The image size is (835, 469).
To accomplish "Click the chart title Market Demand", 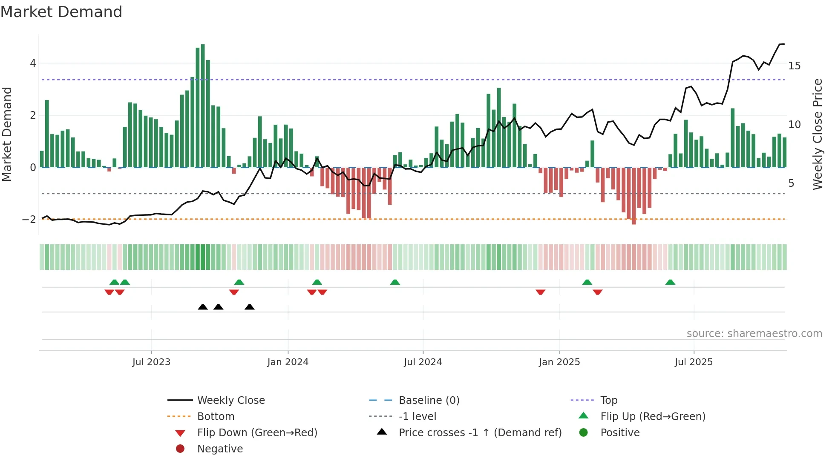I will (61, 12).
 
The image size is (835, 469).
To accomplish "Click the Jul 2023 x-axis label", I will (151, 362).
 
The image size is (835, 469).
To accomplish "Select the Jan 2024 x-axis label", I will (288, 362).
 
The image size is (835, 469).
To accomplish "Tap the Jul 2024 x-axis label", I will (423, 362).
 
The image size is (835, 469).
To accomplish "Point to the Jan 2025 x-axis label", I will (559, 362).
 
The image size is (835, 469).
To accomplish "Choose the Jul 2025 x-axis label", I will (694, 362).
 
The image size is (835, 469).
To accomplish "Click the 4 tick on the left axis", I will (33, 63).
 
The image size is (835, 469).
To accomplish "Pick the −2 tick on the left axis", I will (29, 220).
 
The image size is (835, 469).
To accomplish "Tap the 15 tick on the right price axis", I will (794, 66).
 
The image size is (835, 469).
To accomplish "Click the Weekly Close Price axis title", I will (817, 134).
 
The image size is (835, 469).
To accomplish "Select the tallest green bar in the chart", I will (203, 106).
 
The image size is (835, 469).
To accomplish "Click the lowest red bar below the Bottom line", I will (634, 196).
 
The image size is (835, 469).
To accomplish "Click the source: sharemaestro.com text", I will (754, 334).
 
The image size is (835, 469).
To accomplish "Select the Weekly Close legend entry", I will (231, 400).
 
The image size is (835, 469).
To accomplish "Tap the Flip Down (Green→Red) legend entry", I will (257, 433).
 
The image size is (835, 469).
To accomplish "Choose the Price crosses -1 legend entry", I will (480, 433).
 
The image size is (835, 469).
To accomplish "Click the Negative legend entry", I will (220, 449).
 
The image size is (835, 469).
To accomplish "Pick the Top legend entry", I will (609, 400).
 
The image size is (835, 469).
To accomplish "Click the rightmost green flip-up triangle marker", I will (670, 282).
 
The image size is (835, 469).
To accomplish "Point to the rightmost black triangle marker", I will (250, 307).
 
